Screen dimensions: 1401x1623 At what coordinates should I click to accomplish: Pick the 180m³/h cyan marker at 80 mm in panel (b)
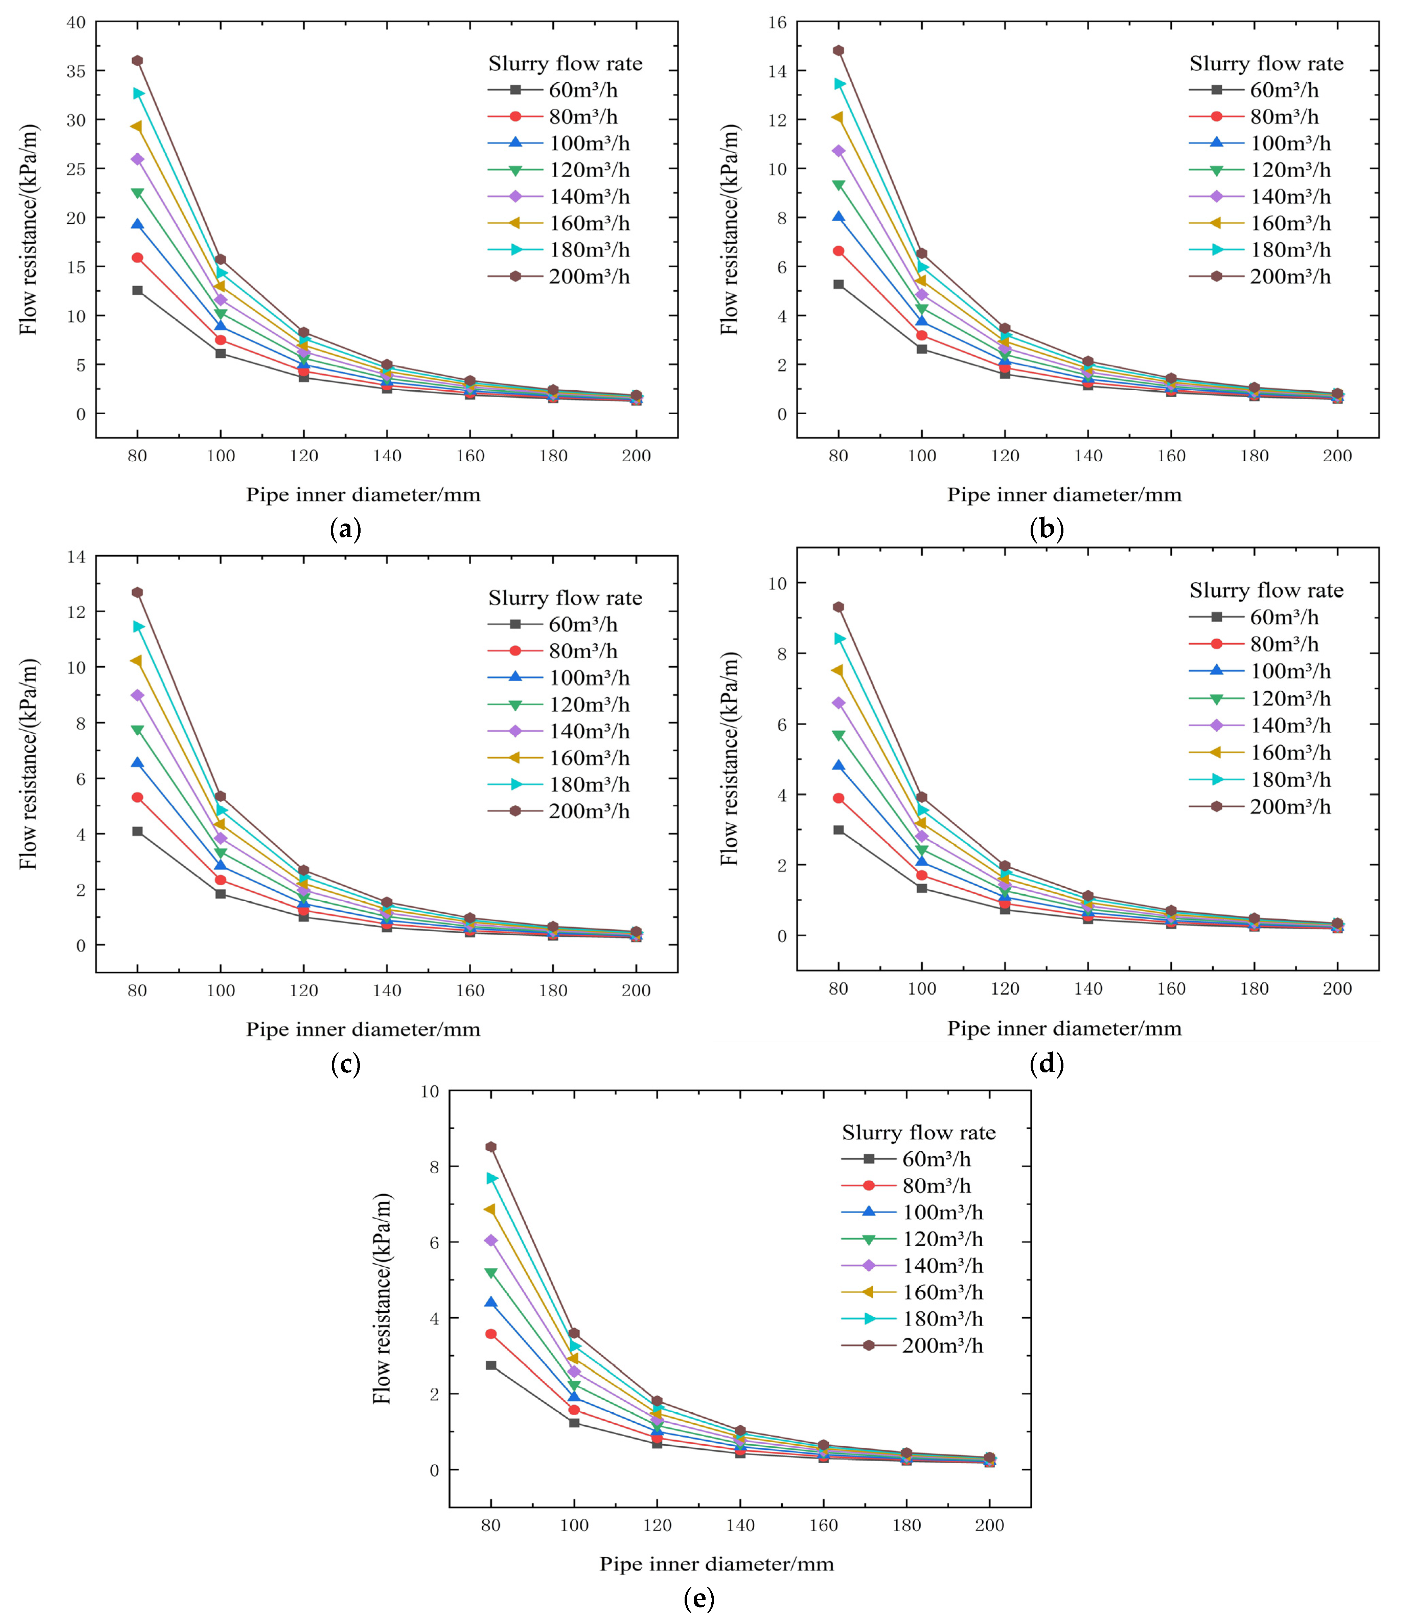coord(839,84)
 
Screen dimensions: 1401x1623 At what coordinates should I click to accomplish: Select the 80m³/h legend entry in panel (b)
coord(1254,117)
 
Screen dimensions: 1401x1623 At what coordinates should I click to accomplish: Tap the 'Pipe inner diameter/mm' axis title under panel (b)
coord(1064,494)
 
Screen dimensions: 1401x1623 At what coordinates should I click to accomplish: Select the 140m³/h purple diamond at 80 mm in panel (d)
coord(839,703)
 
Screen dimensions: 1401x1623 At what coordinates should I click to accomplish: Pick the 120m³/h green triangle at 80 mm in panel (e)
coord(491,1273)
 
